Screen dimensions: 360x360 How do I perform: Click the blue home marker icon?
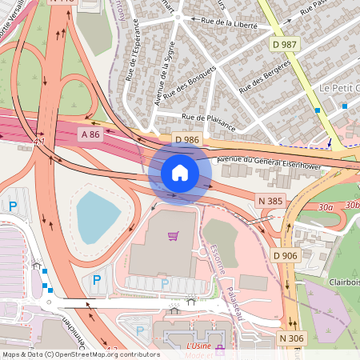point(180,172)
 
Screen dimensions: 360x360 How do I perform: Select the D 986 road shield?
point(186,140)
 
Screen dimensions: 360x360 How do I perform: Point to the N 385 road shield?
point(270,199)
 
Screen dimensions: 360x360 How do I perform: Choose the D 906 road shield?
point(286,255)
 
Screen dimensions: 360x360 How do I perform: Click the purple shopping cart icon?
point(173,236)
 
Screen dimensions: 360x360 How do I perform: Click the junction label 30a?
point(325,206)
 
